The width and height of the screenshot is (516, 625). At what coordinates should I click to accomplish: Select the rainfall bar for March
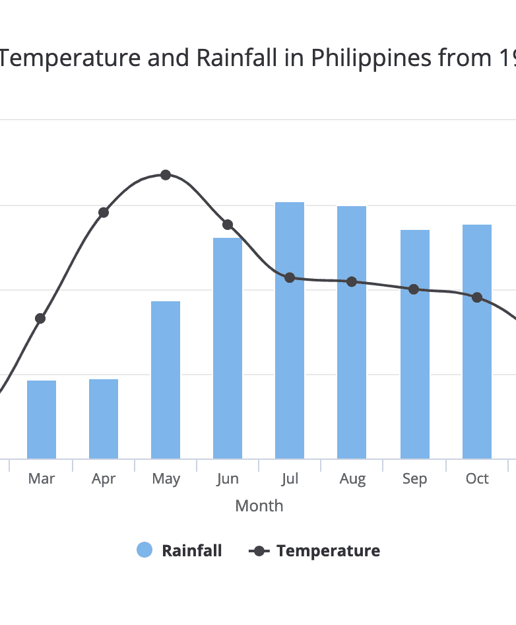pos(42,420)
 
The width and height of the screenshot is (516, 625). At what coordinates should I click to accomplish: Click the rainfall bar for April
pos(104,419)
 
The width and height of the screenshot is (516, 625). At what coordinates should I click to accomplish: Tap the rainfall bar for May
pos(166,380)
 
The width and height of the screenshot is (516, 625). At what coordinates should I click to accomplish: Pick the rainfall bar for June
pos(228,348)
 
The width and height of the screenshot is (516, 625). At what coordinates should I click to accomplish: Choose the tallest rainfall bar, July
pos(290,330)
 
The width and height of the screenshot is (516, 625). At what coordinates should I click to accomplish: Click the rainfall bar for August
pos(352,332)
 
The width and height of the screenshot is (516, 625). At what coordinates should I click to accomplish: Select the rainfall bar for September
pos(415,344)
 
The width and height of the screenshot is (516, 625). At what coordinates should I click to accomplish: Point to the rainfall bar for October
pos(477,342)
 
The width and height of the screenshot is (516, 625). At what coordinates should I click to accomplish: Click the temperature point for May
pos(166,175)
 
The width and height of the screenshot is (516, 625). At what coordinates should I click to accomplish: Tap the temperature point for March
pos(40,318)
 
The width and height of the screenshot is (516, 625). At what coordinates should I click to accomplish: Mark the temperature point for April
pos(104,213)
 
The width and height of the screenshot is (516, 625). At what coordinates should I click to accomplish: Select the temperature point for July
pos(290,277)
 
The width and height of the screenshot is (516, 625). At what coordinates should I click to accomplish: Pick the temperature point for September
pos(414,289)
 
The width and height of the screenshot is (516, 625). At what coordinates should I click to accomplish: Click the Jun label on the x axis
pos(228,479)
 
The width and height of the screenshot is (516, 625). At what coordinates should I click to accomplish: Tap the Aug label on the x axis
pos(352,479)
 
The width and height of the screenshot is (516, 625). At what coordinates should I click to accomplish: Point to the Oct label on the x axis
pos(477,479)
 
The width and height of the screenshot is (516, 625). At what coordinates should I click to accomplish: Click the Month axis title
pos(259,506)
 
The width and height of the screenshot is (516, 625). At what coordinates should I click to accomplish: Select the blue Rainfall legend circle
pos(145,550)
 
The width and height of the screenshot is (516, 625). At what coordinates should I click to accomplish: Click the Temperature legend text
pos(328,550)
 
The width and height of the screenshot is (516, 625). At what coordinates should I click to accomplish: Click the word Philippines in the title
pos(371,59)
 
